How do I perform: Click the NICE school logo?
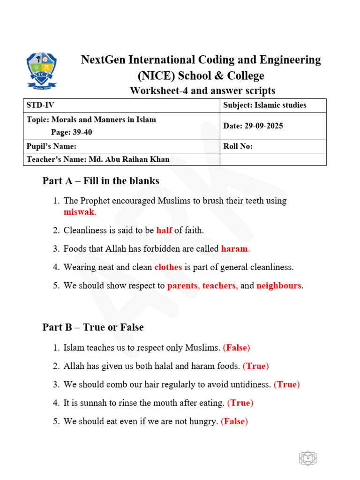[41, 71]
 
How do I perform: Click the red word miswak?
[79, 212]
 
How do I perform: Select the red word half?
[164, 230]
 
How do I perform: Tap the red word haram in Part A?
[234, 249]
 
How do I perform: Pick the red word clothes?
[168, 267]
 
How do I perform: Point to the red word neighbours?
[279, 285]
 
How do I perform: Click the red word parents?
[182, 285]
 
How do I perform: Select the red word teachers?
[219, 285]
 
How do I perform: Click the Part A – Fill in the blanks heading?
[101, 181]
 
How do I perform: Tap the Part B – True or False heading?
[93, 327]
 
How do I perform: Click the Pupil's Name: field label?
[52, 146]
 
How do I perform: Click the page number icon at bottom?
[308, 458]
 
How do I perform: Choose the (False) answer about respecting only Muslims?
[237, 348]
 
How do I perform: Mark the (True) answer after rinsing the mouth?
[240, 403]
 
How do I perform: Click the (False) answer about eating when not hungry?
[234, 421]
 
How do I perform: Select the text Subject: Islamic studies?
[265, 105]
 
